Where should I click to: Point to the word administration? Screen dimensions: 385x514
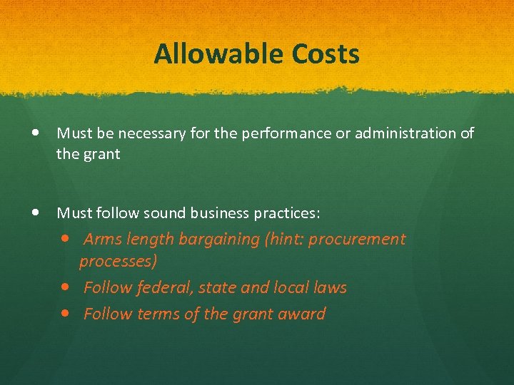(402, 133)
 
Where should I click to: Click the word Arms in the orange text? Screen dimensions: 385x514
(102, 240)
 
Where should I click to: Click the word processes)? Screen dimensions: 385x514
(118, 262)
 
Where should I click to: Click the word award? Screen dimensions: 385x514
(302, 314)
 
